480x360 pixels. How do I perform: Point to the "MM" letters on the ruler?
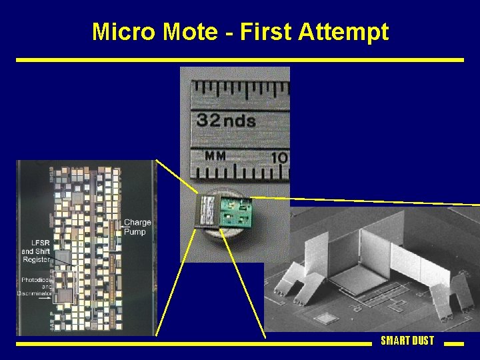215,156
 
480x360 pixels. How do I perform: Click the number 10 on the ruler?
279,157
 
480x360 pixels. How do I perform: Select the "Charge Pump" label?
137,227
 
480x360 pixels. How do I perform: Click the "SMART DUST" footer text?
407,341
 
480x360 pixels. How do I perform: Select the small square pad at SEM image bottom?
325,317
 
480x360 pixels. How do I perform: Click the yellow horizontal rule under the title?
239,59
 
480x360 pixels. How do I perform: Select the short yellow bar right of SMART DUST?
453,344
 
